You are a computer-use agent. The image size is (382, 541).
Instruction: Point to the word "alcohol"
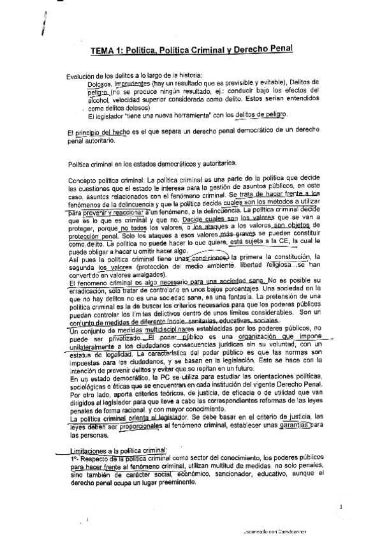(99, 100)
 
